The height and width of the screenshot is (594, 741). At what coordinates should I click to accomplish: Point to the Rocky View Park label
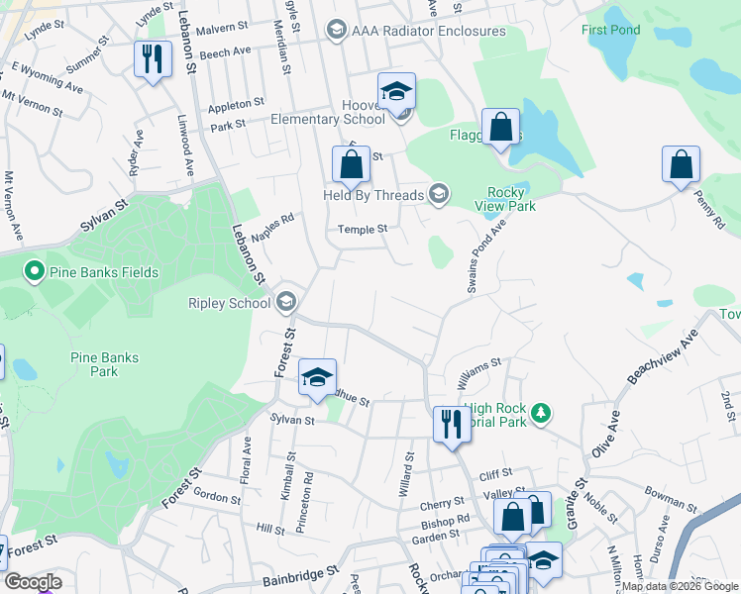(x=511, y=199)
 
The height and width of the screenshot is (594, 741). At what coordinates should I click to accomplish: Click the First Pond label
(x=611, y=31)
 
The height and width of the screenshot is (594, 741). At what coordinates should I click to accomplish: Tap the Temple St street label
(x=361, y=229)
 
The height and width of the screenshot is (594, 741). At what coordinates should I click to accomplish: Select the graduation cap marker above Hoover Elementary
(x=396, y=92)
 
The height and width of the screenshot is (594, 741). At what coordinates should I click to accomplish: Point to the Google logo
(x=33, y=582)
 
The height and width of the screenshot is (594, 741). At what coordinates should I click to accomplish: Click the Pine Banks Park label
(x=104, y=364)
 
